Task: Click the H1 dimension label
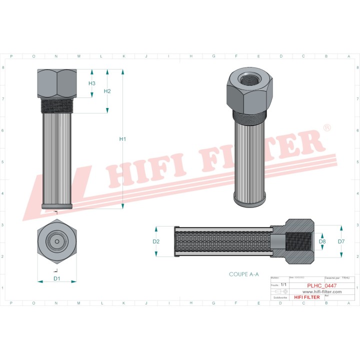tap(122, 139)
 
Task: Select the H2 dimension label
tap(107, 91)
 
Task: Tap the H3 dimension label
tap(92, 83)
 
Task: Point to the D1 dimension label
tap(57, 277)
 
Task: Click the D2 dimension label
tap(156, 241)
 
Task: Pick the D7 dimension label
tap(341, 241)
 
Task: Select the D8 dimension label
tap(322, 241)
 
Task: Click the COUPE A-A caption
tap(243, 274)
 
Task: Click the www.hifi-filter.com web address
tap(315, 291)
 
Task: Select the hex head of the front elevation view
tap(57, 83)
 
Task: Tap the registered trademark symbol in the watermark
tap(327, 128)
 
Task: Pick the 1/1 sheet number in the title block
tap(283, 284)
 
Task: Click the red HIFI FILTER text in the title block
tap(306, 297)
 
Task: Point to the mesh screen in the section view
tap(225, 242)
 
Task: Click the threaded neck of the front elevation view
tap(57, 105)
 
